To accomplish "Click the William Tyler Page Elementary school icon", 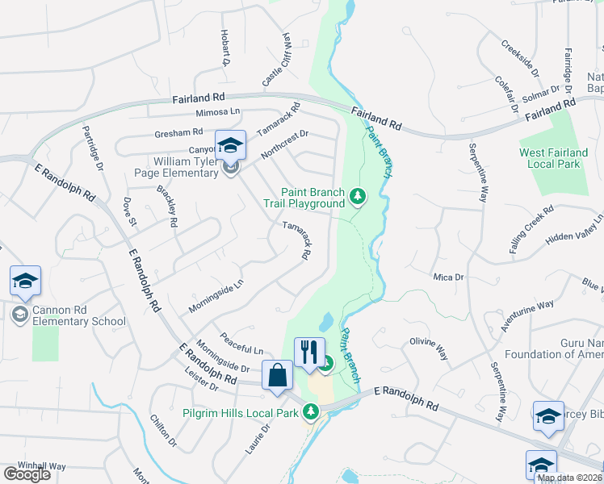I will tap(231, 146).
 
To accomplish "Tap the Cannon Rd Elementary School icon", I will tap(25, 282).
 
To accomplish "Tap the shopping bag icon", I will tap(277, 375).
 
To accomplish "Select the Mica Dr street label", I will tap(448, 277).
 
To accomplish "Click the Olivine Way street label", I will tap(429, 347).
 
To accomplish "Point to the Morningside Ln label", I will tap(216, 297).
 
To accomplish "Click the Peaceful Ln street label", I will tap(241, 344).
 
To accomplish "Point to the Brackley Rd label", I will tap(167, 207).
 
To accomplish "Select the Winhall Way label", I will tap(43, 465).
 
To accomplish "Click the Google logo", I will tap(27, 474).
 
